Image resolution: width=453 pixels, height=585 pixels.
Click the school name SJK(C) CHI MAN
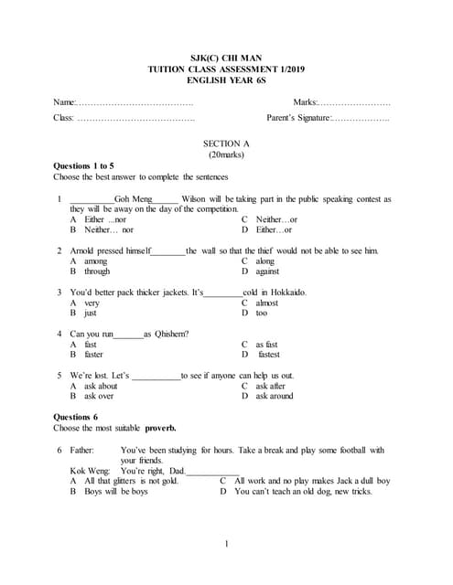click(226, 56)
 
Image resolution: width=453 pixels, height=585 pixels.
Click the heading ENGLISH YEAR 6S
click(226, 80)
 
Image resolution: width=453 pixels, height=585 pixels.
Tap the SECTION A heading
click(226, 144)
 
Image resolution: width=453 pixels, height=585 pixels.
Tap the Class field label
click(64, 118)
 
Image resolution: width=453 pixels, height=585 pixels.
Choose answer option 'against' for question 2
click(268, 271)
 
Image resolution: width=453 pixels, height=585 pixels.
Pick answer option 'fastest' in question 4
click(269, 355)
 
